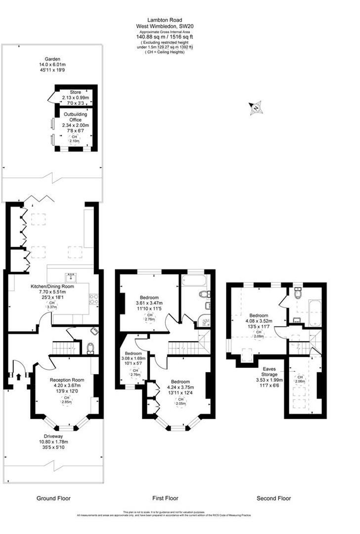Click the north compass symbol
[256, 108]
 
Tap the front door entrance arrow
[19, 376]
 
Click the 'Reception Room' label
[67, 380]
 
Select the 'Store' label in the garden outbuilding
[75, 92]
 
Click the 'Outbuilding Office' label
[75, 117]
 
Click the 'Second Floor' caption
[273, 498]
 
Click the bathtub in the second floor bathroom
[314, 312]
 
